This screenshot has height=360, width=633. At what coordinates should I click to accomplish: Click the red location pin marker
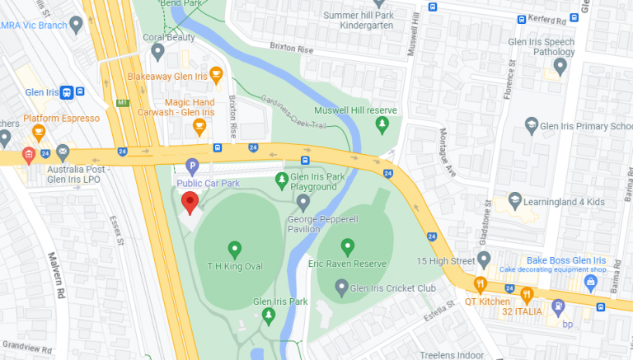click(190, 201)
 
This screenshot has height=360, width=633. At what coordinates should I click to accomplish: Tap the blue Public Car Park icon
click(192, 166)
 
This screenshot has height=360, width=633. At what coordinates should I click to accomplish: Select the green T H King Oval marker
click(234, 248)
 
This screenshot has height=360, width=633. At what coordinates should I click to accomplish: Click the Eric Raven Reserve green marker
click(348, 245)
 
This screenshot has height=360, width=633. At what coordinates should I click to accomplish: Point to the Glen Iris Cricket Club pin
click(342, 287)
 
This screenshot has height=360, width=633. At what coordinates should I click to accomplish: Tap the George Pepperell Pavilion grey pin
click(303, 200)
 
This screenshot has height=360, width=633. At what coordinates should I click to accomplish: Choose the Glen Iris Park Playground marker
click(282, 178)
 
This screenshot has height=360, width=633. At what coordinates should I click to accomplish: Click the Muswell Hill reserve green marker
click(382, 124)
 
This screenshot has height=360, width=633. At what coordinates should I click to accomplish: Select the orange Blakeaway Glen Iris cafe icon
click(216, 76)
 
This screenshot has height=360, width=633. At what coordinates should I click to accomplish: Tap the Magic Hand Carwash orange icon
click(199, 126)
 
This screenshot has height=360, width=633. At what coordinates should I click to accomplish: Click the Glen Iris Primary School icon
click(532, 125)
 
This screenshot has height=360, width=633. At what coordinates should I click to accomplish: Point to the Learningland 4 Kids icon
click(515, 200)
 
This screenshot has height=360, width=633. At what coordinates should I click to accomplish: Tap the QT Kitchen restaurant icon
click(481, 285)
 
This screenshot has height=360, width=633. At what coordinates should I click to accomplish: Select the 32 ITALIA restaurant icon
click(527, 292)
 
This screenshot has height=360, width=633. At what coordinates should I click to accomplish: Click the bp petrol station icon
click(558, 306)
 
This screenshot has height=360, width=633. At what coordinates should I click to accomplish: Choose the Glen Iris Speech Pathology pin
click(560, 65)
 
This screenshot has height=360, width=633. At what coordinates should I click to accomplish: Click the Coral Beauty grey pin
click(157, 51)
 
